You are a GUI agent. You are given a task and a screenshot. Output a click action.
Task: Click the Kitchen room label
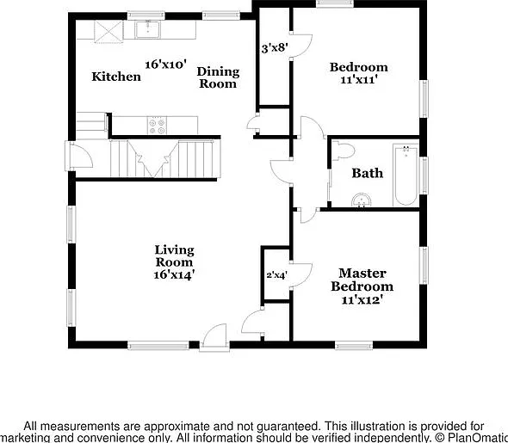pyautogui.click(x=116, y=77)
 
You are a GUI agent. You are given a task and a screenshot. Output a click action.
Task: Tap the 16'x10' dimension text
pyautogui.click(x=165, y=65)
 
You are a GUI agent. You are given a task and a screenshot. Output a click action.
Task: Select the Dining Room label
pyautogui.click(x=218, y=77)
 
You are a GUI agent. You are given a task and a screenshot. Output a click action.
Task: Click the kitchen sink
pyautogui.click(x=148, y=29)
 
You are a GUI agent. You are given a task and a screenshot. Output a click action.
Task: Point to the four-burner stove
pyautogui.click(x=157, y=126)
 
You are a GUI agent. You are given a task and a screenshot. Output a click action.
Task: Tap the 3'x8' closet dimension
pyautogui.click(x=275, y=48)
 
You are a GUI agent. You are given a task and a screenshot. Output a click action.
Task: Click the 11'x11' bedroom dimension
pyautogui.click(x=359, y=80)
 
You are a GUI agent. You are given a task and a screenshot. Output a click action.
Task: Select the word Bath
pyautogui.click(x=368, y=173)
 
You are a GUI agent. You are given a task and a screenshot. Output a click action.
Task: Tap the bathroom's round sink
pyautogui.click(x=361, y=200)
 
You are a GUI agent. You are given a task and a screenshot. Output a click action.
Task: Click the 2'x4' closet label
pyautogui.click(x=276, y=275)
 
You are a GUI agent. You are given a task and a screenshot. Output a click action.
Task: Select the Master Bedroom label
pyautogui.click(x=362, y=280)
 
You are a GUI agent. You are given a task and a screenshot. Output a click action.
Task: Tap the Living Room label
pyautogui.click(x=174, y=255)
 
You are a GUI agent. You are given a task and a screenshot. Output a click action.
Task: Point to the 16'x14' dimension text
pyautogui.click(x=174, y=274)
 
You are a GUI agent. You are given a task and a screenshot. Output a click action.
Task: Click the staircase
pyautogui.click(x=165, y=158)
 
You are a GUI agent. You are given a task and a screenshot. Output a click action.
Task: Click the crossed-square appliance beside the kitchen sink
pyautogui.click(x=108, y=31)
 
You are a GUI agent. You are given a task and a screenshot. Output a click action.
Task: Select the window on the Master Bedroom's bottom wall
pyautogui.click(x=354, y=345)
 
